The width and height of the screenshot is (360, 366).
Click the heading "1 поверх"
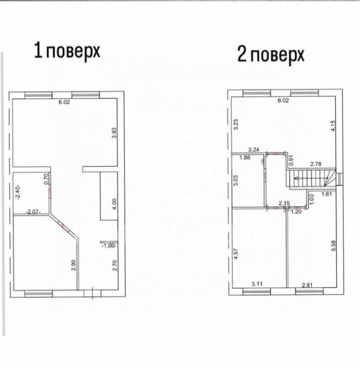click(66, 51)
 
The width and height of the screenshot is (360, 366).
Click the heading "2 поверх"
click(271, 54)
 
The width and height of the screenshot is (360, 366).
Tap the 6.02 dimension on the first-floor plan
click(64, 102)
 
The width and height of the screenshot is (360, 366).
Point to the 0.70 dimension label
click(47, 180)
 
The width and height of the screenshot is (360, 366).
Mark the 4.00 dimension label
click(115, 203)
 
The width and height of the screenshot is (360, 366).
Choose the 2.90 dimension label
click(73, 265)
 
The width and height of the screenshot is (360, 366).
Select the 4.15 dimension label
click(333, 127)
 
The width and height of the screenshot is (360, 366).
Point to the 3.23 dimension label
click(236, 124)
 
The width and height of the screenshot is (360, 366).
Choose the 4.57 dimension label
click(236, 255)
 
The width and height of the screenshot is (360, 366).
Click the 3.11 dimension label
click(257, 283)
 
